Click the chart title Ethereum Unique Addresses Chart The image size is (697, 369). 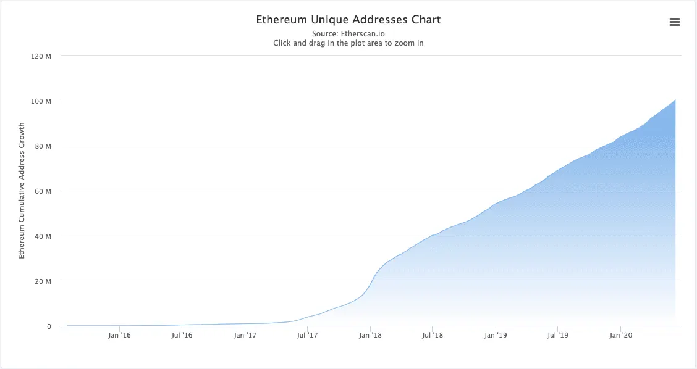348,20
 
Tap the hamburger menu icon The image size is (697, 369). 674,22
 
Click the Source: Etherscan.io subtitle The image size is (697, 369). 348,33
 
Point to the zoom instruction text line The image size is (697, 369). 348,43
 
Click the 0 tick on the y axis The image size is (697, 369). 48,326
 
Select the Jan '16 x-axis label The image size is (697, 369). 119,336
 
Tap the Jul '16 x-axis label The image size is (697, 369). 182,336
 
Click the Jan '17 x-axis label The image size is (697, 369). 245,336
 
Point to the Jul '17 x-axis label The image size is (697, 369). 307,336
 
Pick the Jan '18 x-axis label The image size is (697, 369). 370,336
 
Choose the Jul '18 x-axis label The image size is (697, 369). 433,336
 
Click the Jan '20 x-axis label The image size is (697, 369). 620,336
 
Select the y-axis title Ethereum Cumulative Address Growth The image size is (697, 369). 22,190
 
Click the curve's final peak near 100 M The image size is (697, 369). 675,100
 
